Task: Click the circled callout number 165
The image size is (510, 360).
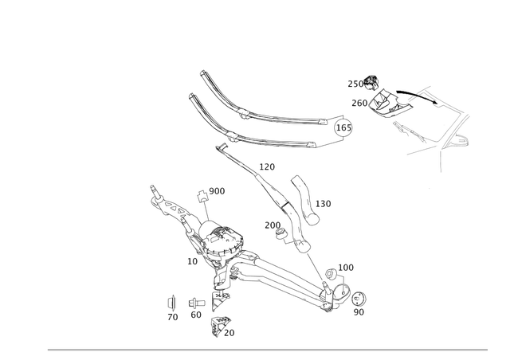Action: [343, 127]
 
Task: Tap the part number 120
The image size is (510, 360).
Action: [267, 166]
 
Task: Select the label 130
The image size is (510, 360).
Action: [323, 204]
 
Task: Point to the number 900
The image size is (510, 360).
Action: [217, 191]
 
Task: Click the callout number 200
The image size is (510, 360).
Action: [273, 225]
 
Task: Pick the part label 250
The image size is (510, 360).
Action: [355, 84]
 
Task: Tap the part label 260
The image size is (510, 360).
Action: [359, 103]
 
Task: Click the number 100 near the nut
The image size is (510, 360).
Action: [346, 268]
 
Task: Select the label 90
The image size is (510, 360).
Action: [359, 312]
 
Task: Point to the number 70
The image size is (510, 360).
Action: [173, 317]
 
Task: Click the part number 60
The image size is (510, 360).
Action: [196, 315]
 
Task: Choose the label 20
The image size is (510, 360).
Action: [229, 333]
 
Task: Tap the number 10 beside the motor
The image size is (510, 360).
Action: [192, 261]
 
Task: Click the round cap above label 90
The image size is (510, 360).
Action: [359, 299]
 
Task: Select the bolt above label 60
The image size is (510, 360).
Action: [197, 303]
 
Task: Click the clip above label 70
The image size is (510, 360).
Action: [171, 303]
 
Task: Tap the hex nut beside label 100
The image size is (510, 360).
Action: [331, 273]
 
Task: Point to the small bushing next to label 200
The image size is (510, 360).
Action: [280, 233]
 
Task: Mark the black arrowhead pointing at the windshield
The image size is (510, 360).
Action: [435, 102]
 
